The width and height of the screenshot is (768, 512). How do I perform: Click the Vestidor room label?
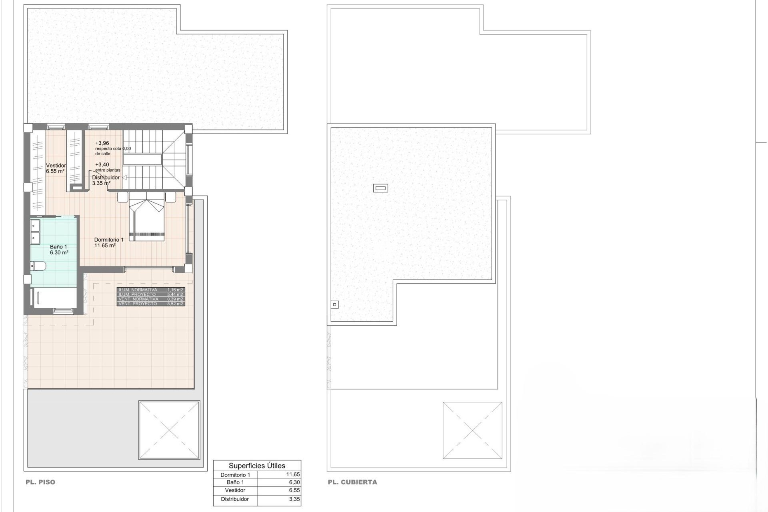tap(56, 166)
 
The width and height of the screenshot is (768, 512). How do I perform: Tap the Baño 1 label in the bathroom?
tap(58, 247)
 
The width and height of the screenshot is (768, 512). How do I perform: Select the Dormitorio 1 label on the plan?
tap(109, 240)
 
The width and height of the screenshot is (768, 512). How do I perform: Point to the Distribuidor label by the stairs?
tap(106, 178)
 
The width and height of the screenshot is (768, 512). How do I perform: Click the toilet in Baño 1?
tap(39, 266)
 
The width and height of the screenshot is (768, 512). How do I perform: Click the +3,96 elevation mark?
tap(102, 143)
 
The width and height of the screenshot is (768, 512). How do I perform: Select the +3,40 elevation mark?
tap(102, 164)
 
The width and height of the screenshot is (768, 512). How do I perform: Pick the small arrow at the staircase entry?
tap(124, 178)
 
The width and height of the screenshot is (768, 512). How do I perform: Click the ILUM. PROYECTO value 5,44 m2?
tap(175, 294)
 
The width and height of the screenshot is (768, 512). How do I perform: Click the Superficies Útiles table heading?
tap(257, 466)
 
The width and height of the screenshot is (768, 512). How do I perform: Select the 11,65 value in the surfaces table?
tap(293, 474)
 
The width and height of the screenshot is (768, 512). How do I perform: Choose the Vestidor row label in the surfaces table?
tap(235, 490)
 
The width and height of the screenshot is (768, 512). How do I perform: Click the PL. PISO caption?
tap(40, 482)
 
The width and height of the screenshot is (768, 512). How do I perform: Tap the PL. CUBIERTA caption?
tap(352, 482)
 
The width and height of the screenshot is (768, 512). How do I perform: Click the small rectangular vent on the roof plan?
tap(380, 188)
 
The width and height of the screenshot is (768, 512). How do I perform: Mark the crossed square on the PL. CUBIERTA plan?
tap(472, 430)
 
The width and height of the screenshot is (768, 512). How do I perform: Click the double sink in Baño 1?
tap(35, 232)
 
